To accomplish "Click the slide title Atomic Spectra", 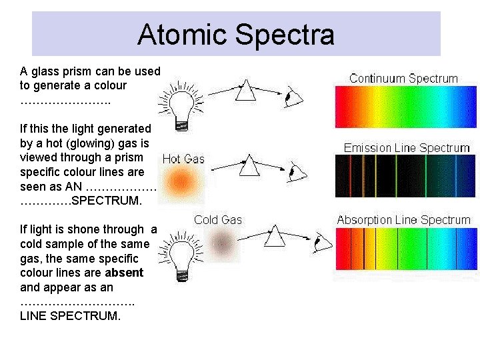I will [x=236, y=35].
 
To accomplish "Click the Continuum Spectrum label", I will [x=403, y=79].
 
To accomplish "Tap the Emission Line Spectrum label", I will [x=407, y=148].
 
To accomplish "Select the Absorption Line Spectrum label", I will [x=403, y=220].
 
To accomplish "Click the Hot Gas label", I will [x=183, y=159].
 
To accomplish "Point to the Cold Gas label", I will [x=217, y=220].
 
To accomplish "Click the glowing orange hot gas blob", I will [x=179, y=181].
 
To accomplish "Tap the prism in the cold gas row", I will [x=275, y=235].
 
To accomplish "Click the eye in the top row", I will [x=292, y=99].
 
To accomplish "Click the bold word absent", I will [x=124, y=273].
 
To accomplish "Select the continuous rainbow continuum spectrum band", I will [x=406, y=107].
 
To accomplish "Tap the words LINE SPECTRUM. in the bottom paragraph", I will [x=71, y=316].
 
